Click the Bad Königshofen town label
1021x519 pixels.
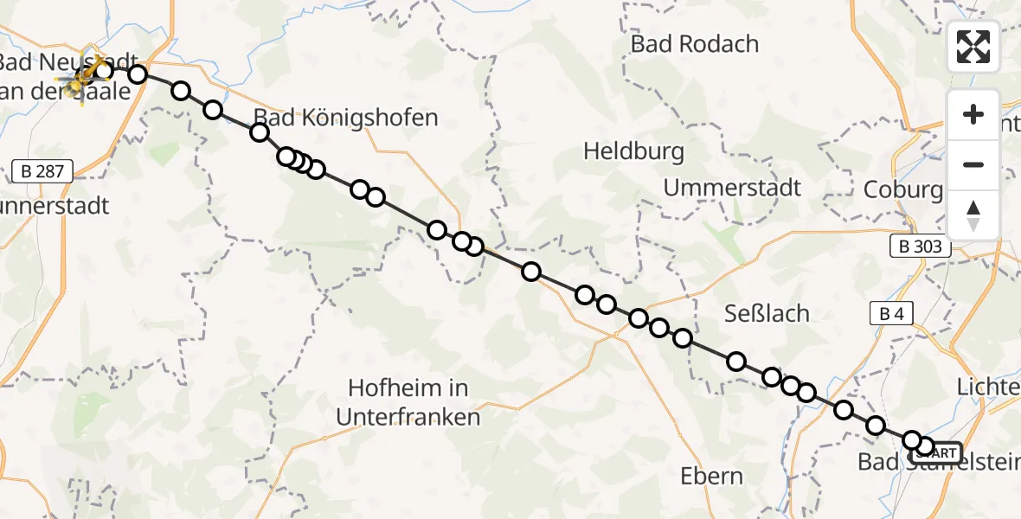coord(345,118)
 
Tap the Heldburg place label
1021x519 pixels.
coord(633,151)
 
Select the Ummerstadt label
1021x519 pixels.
coord(732,187)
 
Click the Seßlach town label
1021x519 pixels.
coord(766,313)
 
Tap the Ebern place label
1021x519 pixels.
coord(711,476)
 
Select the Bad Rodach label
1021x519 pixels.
coord(694,43)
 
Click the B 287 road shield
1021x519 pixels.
coord(42,171)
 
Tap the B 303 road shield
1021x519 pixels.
coord(921,247)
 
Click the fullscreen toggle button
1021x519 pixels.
coord(973,47)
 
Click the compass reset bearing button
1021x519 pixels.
coord(973,215)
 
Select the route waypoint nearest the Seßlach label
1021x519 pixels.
coord(736,362)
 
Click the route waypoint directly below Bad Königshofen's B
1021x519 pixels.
coord(260,132)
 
